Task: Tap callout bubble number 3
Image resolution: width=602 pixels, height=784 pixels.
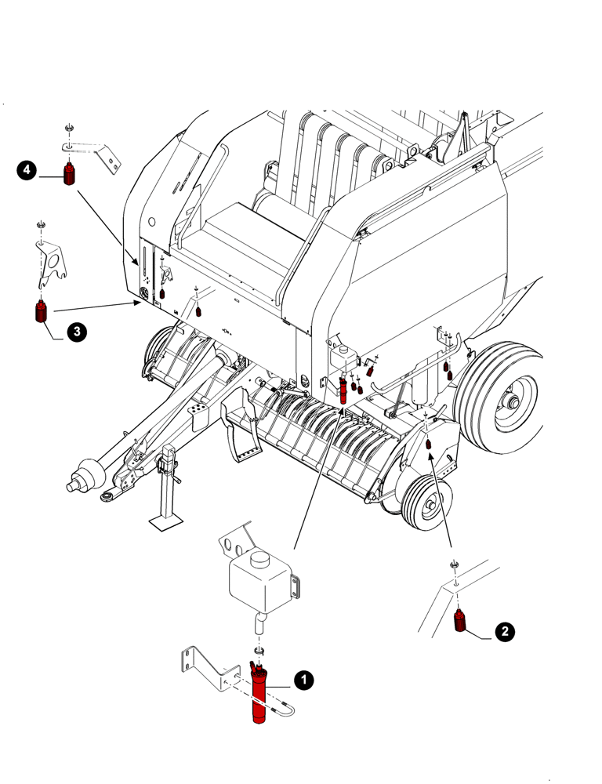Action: pos(76,332)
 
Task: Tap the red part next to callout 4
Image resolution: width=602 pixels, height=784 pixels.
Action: pos(70,173)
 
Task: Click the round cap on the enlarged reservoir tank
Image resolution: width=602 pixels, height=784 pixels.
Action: pos(259,561)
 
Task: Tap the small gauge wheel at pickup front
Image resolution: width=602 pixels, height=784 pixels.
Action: pos(427,507)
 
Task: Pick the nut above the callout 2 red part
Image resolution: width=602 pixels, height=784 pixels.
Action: pos(454,564)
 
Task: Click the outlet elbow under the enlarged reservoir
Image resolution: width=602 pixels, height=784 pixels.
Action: pos(259,624)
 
